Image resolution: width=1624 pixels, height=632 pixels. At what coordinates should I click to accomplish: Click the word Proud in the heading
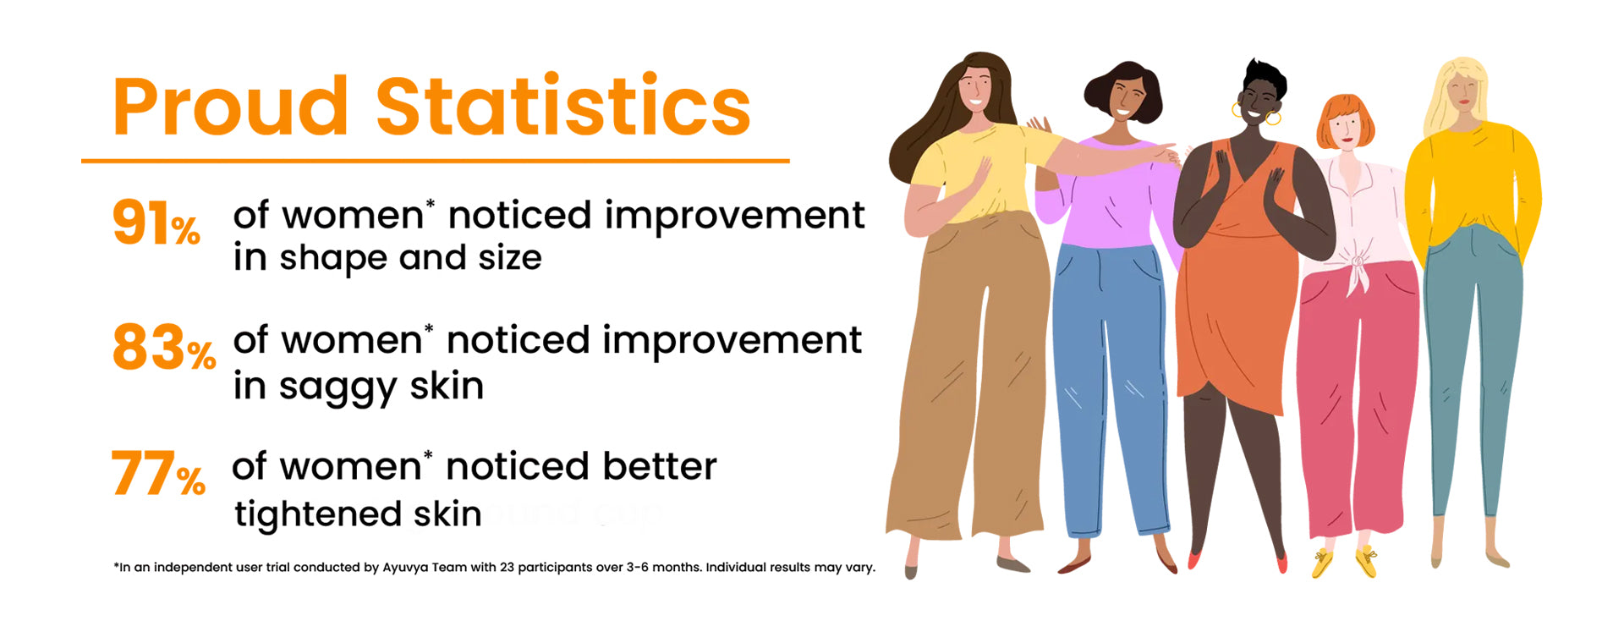(x=230, y=107)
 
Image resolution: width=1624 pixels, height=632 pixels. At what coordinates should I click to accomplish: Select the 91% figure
(x=156, y=223)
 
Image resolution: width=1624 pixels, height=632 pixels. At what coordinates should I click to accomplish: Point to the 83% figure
(x=164, y=348)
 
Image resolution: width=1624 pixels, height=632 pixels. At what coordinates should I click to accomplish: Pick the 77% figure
(x=158, y=474)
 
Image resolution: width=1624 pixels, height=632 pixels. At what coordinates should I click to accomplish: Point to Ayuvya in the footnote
(x=405, y=568)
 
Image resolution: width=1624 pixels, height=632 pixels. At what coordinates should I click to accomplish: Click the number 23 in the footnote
(x=507, y=567)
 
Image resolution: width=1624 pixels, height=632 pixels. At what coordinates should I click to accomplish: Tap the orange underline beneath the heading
(x=436, y=160)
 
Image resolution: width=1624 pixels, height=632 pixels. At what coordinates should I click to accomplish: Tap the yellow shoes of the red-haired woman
(x=1344, y=561)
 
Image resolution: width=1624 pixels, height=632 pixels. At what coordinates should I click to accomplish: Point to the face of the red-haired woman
(x=1345, y=131)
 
